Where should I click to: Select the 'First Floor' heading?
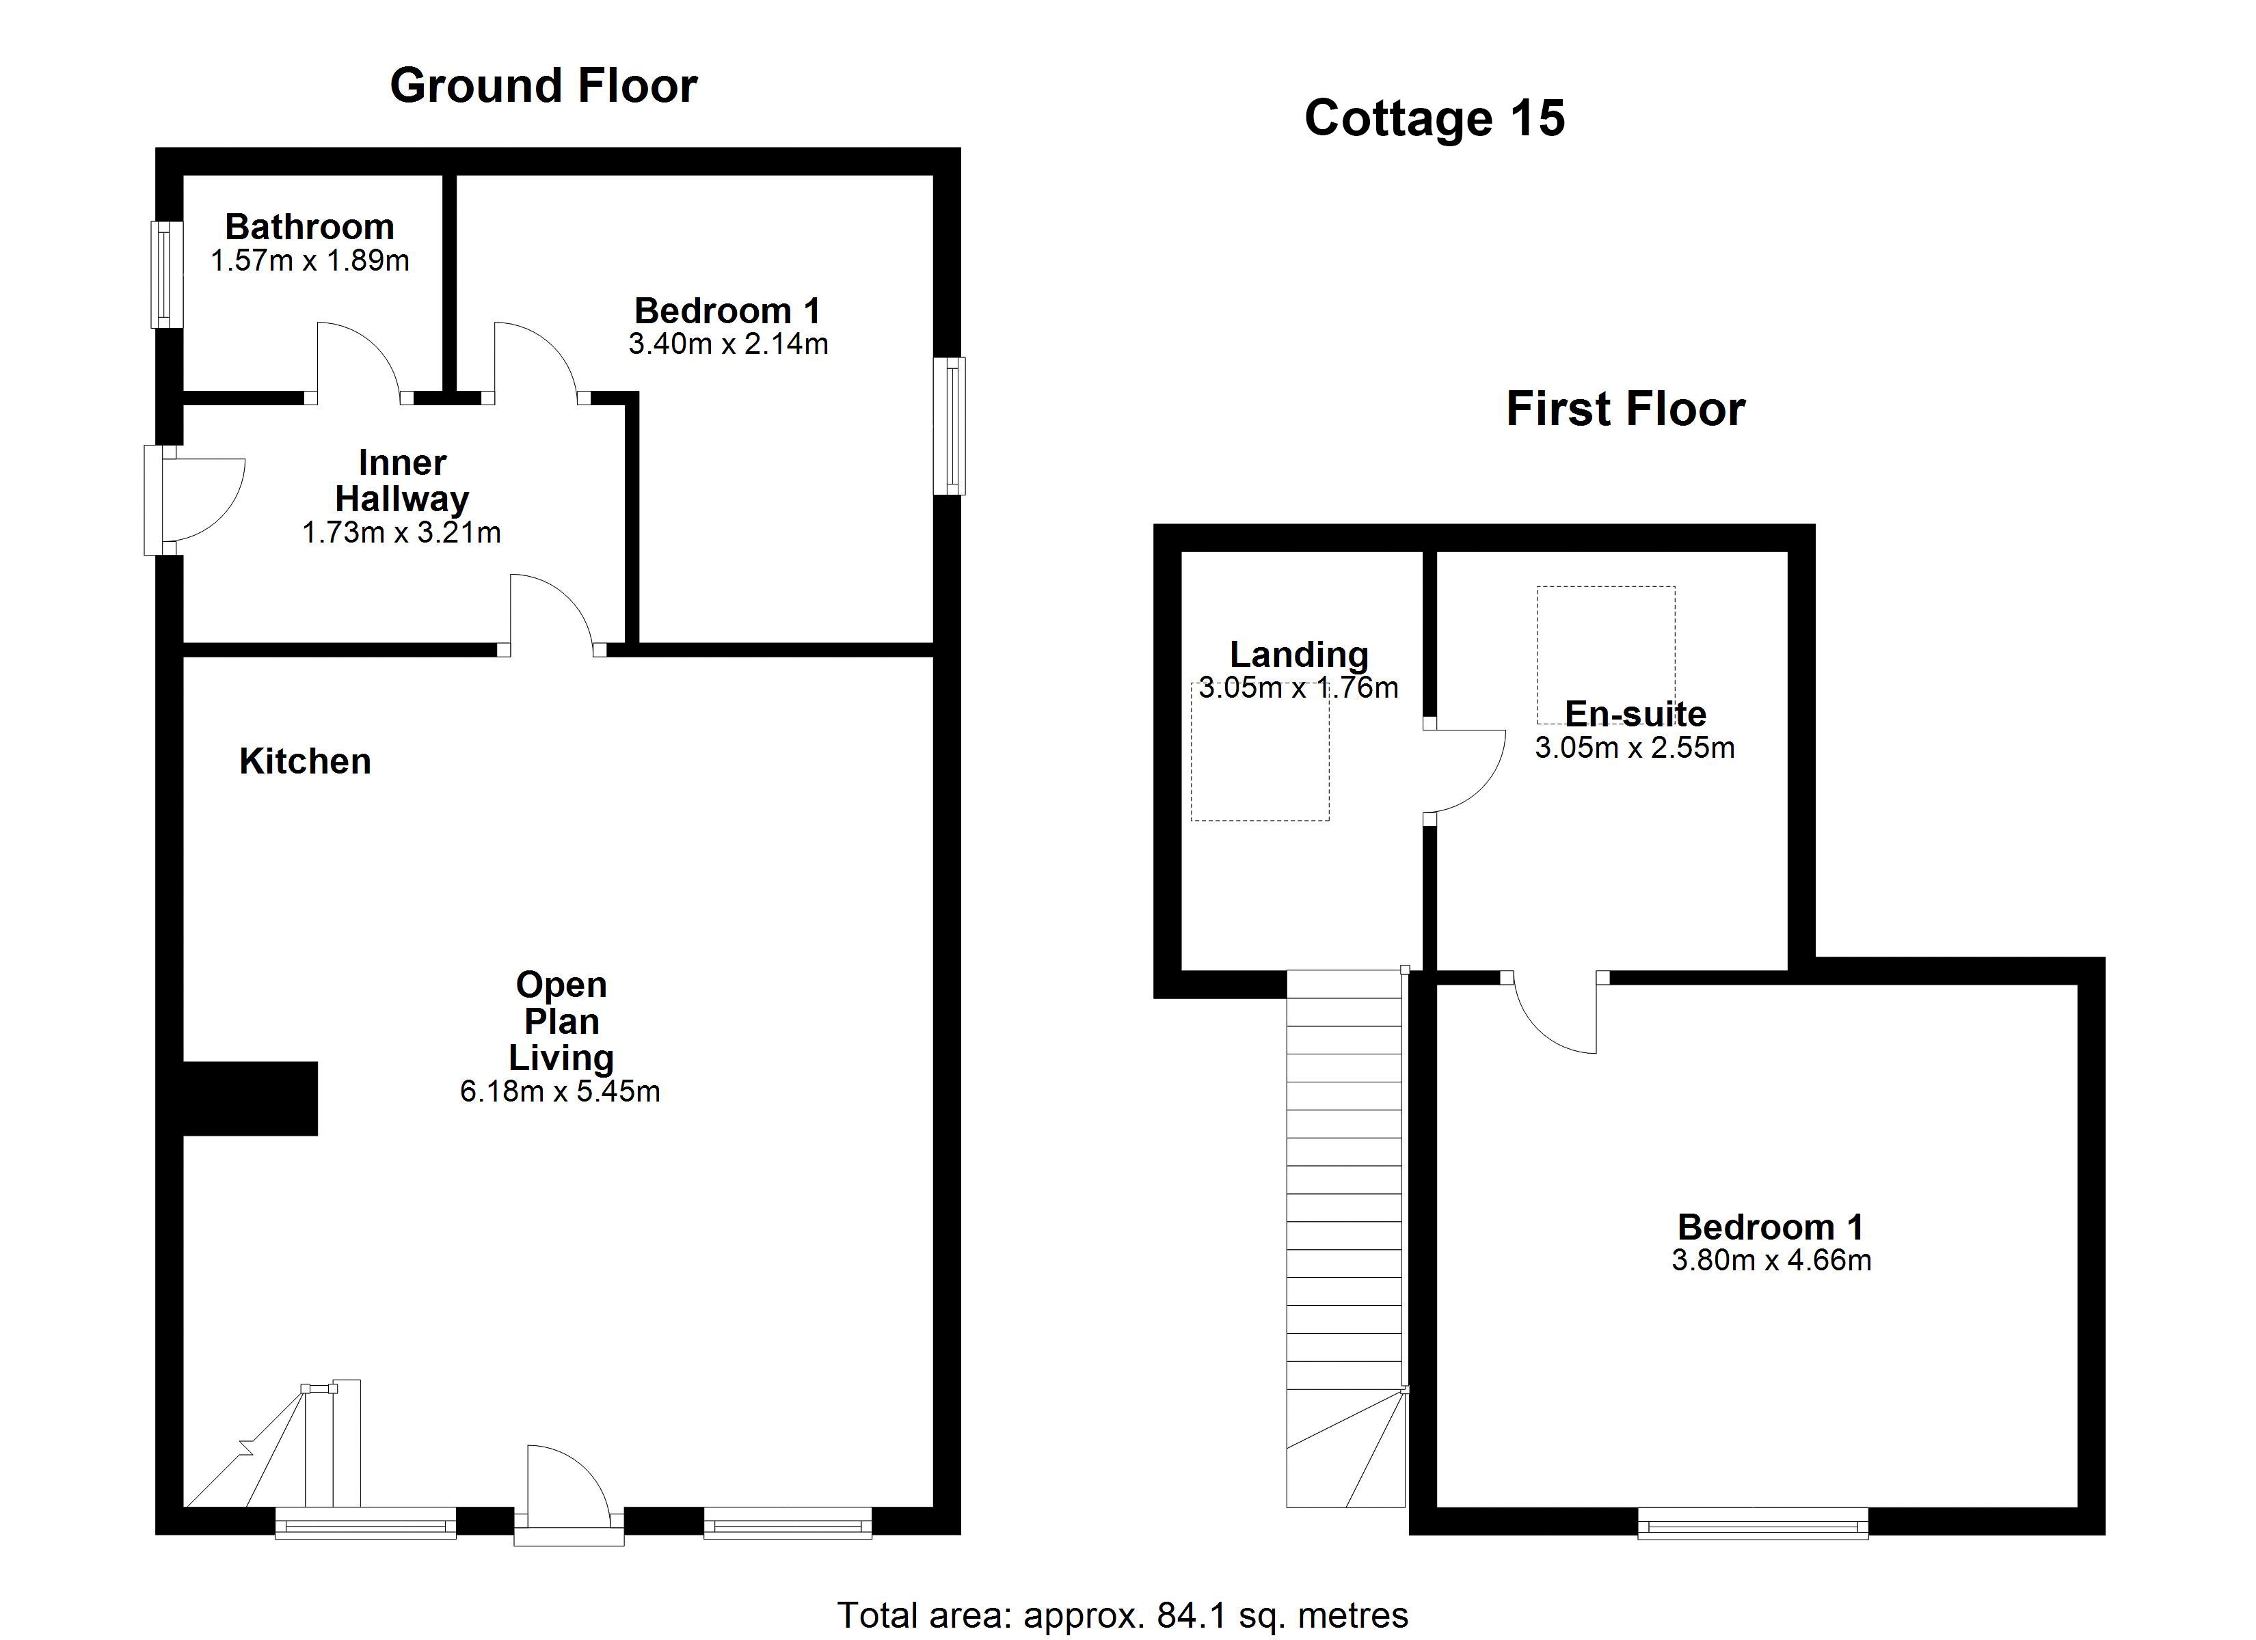pos(1626,409)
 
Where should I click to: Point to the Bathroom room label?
pos(310,227)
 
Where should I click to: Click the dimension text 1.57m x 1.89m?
pos(310,260)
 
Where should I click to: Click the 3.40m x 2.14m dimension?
pos(728,344)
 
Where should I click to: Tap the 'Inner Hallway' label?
pos(402,480)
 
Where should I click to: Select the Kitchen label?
pos(306,762)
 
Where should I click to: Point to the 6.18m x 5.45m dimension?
pos(560,1091)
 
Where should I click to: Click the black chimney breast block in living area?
pos(250,1098)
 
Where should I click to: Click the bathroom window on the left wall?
pos(166,275)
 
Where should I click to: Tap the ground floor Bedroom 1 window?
pos(949,426)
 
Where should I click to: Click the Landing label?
pos(1299,655)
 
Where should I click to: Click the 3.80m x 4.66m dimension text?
pos(1771,1260)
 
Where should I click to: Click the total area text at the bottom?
pos(1123,1615)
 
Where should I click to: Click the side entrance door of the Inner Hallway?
pos(194,500)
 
